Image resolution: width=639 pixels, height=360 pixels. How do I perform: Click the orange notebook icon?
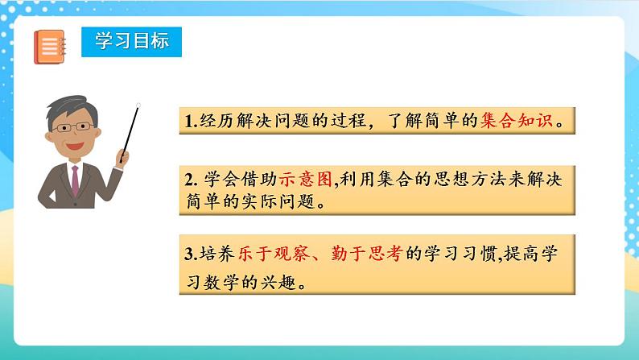click(49, 47)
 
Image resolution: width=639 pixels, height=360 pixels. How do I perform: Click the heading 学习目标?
click(132, 41)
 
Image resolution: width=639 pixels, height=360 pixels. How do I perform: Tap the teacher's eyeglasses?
click(73, 127)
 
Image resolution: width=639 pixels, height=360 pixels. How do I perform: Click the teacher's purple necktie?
click(75, 180)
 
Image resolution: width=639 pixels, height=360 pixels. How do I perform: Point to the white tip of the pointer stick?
click(138, 106)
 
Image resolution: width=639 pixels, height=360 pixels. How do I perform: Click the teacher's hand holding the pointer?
click(122, 157)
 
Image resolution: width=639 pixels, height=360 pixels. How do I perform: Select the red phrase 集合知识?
click(516, 120)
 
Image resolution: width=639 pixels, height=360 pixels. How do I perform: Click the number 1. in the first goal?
click(191, 121)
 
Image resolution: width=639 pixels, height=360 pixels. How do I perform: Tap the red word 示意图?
click(306, 179)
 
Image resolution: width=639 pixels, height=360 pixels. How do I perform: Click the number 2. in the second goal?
click(191, 180)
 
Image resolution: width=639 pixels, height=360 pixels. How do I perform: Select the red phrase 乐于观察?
click(273, 253)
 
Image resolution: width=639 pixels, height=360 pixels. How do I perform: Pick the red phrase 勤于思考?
click(367, 253)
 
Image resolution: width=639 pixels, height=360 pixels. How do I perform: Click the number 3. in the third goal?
click(191, 254)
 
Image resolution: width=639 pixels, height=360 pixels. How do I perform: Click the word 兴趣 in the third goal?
click(278, 282)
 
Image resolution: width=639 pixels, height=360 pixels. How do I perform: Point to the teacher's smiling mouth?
click(75, 146)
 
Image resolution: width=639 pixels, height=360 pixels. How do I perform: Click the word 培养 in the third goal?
click(216, 253)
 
